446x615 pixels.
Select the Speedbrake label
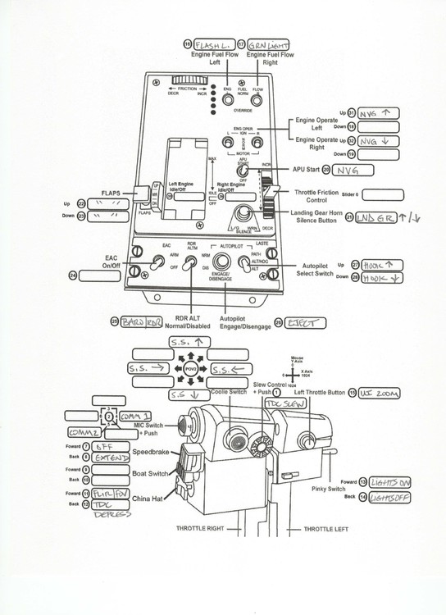coord(151,451)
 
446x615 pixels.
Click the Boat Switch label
coord(151,474)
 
